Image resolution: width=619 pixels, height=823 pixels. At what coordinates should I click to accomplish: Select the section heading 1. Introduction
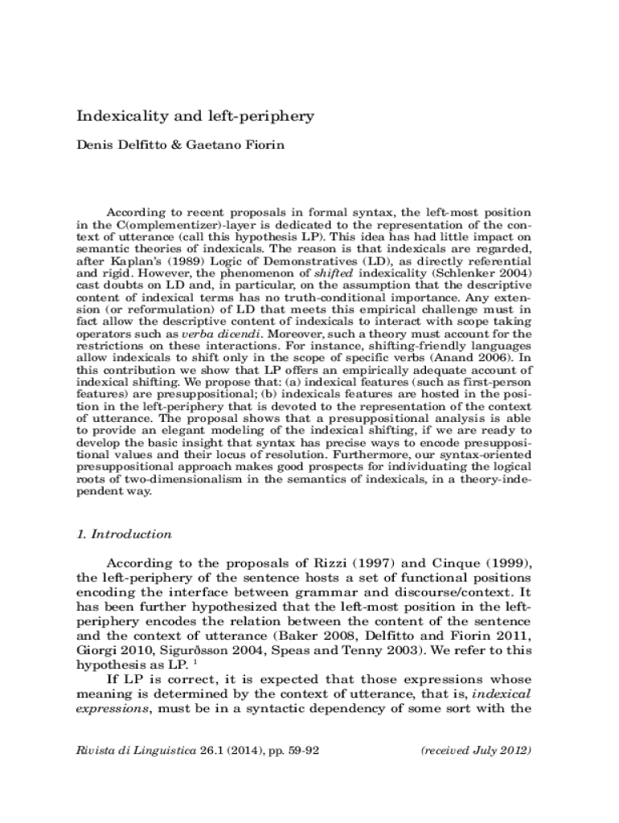[x=123, y=534]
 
